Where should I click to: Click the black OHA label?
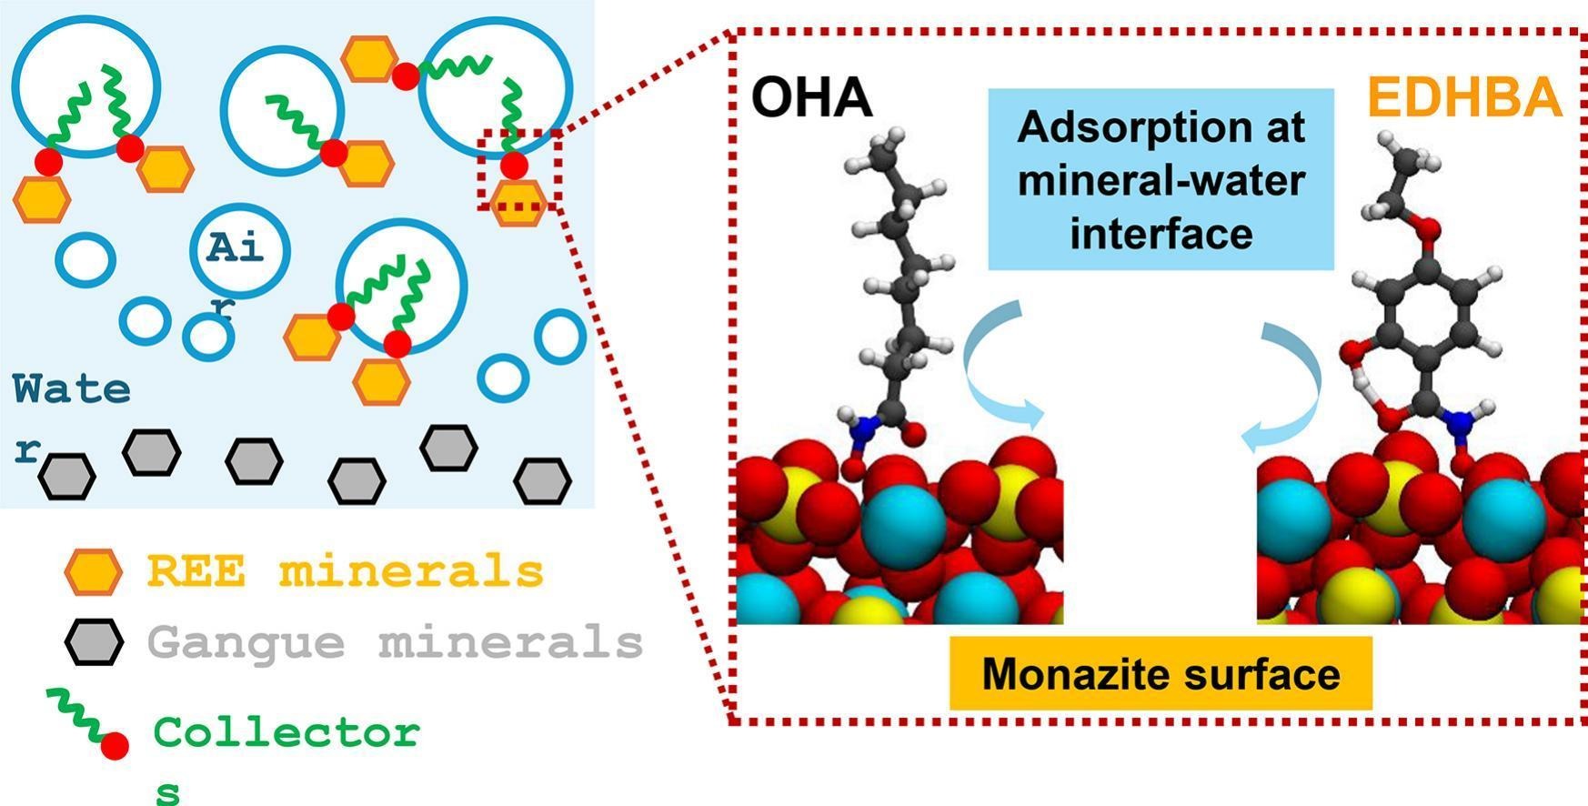click(812, 98)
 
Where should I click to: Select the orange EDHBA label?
click(1463, 98)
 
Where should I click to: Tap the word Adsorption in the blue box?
click(1161, 127)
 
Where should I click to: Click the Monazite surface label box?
click(1161, 674)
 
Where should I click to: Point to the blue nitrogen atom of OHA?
click(863, 424)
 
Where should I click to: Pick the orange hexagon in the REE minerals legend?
click(93, 572)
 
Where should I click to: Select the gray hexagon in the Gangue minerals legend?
click(93, 642)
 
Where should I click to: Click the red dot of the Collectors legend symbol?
click(115, 746)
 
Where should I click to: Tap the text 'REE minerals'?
click(346, 572)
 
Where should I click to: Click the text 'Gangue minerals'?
click(396, 642)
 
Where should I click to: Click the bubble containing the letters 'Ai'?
click(240, 250)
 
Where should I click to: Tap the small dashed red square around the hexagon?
click(519, 170)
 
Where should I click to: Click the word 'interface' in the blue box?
click(1161, 233)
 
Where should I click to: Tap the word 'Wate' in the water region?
click(72, 389)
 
